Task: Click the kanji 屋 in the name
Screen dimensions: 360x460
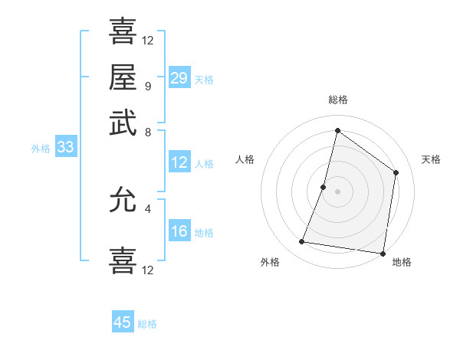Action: coord(123,77)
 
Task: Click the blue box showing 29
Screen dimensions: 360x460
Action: coord(179,77)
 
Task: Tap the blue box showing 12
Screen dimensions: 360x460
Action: coord(179,162)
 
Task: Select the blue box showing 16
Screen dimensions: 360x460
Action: coord(179,231)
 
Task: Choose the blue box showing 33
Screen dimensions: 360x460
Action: coord(64,147)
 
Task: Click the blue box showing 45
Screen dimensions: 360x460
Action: coord(123,322)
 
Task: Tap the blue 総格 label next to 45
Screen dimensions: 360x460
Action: coord(147,324)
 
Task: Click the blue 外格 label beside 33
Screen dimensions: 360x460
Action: coord(40,149)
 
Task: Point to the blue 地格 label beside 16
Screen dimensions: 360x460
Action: coord(204,233)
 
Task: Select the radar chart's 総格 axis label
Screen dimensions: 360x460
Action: coord(337,100)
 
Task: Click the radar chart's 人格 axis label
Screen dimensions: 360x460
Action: coord(245,159)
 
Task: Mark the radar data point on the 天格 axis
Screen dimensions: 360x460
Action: coord(396,172)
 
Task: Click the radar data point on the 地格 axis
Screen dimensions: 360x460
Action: coord(382,254)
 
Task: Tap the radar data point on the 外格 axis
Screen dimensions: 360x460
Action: coord(302,242)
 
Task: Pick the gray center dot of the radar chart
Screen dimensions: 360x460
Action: coord(337,191)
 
